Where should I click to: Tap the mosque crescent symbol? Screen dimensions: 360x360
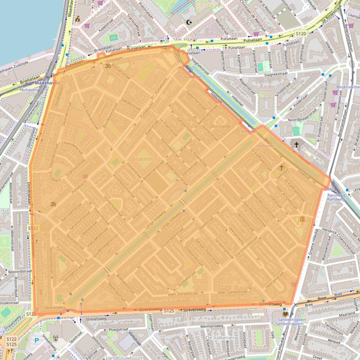coord(189,22)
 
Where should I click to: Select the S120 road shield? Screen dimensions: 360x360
coord(301,34)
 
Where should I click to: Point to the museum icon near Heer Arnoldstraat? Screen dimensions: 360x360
coord(302,219)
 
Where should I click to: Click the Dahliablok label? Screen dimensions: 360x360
coord(221,126)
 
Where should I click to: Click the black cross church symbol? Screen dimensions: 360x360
coord(296,145)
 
